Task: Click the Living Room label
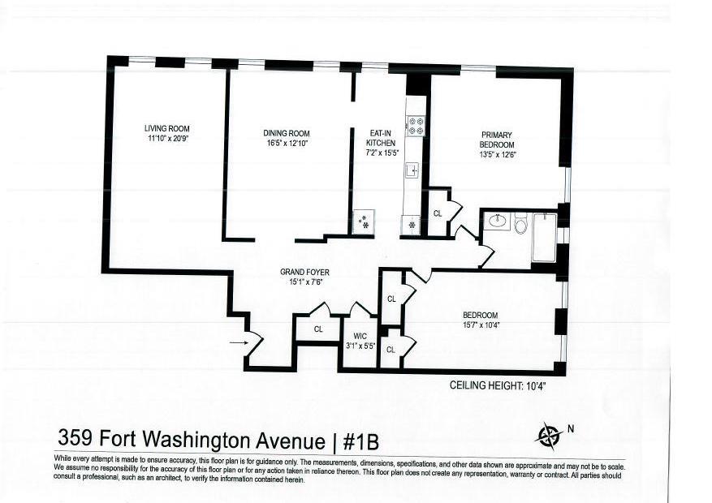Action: click(x=167, y=128)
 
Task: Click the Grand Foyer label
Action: click(x=304, y=272)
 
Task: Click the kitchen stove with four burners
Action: click(x=416, y=125)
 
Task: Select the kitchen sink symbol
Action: click(x=412, y=170)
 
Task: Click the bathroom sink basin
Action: click(x=497, y=221)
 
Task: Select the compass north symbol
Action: click(x=549, y=435)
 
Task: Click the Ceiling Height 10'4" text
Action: click(x=497, y=386)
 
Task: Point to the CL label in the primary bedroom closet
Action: click(x=437, y=214)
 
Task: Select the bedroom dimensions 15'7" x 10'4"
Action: click(x=481, y=325)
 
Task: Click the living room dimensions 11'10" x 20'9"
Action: click(x=167, y=139)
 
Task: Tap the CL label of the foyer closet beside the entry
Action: click(x=318, y=329)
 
